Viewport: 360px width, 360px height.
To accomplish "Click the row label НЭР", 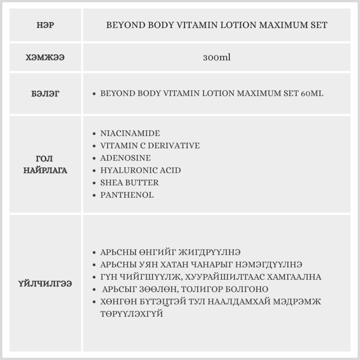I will click(x=45, y=26).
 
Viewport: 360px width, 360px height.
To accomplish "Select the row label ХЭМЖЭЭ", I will click(x=45, y=58).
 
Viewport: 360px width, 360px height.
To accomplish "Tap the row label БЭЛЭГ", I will click(x=45, y=94).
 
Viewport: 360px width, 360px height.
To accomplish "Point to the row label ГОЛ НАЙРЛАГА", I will click(x=45, y=165).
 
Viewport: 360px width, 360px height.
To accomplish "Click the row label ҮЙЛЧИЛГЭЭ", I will click(x=45, y=283).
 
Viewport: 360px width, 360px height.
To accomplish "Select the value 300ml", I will click(x=216, y=58).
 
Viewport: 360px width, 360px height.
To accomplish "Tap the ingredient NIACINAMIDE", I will click(x=130, y=134).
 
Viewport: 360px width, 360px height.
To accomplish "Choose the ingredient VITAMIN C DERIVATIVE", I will click(x=150, y=146).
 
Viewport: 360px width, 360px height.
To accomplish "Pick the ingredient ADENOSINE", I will click(x=125, y=158).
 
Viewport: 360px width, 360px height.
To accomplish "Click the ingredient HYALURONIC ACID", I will click(x=140, y=170).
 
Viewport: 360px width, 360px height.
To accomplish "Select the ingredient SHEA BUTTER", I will click(x=129, y=183).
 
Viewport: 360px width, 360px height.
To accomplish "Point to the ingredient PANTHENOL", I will click(x=127, y=195).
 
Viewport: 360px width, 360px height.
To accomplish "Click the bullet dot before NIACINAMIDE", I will click(x=94, y=134).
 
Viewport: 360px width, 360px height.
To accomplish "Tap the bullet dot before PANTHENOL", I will click(x=94, y=195).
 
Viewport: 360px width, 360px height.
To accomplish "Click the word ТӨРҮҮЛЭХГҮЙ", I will click(x=132, y=314).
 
